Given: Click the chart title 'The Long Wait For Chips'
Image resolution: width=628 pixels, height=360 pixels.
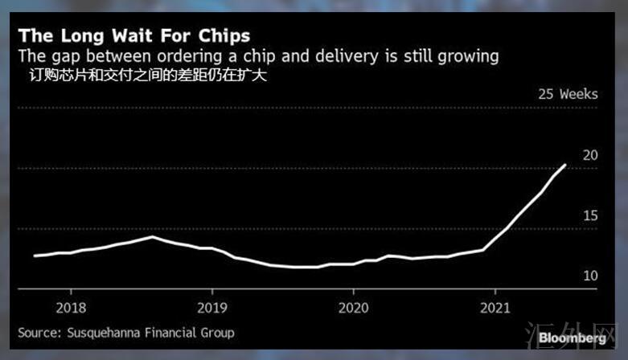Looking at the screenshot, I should point(134,36).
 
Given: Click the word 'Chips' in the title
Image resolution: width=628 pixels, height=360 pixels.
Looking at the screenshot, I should point(222,36).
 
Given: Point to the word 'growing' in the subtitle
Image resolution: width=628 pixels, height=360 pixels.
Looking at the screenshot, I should point(471,57).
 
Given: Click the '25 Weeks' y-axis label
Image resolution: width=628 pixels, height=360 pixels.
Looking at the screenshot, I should point(568,94).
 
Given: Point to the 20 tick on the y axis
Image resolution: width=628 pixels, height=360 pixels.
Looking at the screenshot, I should point(590,155).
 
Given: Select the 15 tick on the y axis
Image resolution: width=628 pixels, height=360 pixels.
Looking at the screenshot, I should point(590,215).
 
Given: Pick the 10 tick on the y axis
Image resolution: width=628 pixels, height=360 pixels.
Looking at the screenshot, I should point(590,276).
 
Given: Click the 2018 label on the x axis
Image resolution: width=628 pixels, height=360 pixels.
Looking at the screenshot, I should point(71,307).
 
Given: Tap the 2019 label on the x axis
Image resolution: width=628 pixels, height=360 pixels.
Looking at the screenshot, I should point(212,307).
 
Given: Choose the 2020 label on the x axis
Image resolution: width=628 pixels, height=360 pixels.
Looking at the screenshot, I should point(354,307).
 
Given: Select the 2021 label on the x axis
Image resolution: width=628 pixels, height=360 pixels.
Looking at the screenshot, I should point(495,307).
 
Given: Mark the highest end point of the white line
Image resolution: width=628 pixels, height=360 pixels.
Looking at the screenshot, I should point(565,165).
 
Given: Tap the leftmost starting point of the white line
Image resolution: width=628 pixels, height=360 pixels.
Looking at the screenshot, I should point(34,256).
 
